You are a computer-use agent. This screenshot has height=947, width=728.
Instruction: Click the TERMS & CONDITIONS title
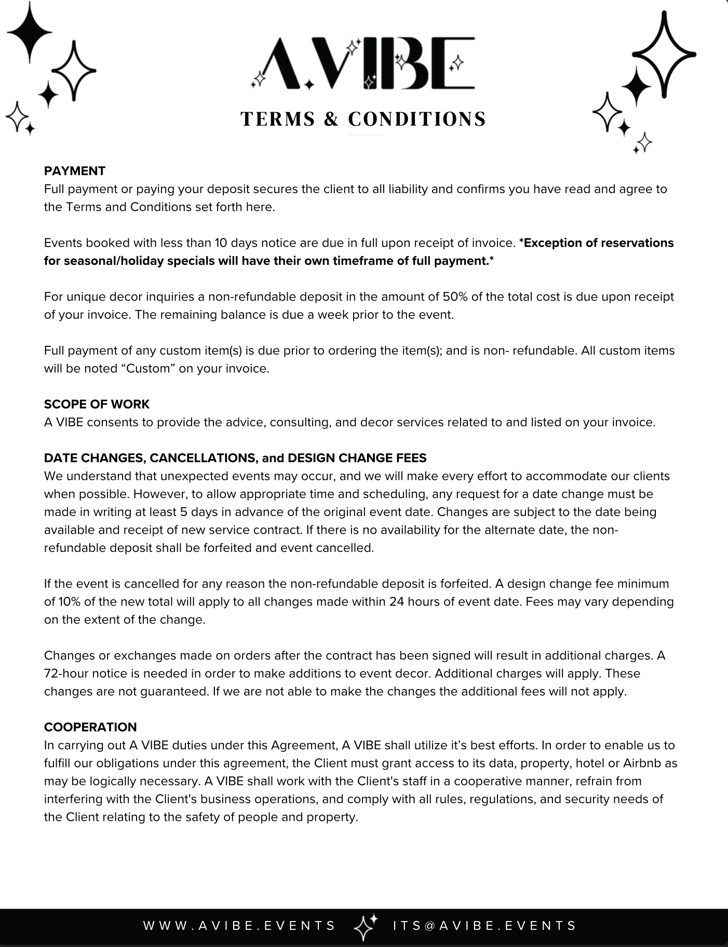tap(363, 119)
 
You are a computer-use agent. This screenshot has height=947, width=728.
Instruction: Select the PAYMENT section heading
tap(75, 171)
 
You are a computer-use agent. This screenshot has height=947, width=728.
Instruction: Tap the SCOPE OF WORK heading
tap(97, 404)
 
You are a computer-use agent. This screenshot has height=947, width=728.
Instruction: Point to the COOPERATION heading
tap(90, 727)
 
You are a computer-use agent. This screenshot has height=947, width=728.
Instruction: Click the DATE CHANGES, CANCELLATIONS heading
tap(235, 458)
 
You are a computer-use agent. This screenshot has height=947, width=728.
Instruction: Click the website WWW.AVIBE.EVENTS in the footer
tap(239, 926)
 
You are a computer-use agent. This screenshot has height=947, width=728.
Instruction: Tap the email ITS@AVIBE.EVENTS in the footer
tap(485, 926)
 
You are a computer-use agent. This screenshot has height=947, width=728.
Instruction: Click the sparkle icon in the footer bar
tap(365, 926)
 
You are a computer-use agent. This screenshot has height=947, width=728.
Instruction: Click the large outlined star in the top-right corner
tap(664, 54)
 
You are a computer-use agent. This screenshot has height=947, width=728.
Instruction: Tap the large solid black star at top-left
tap(30, 31)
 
